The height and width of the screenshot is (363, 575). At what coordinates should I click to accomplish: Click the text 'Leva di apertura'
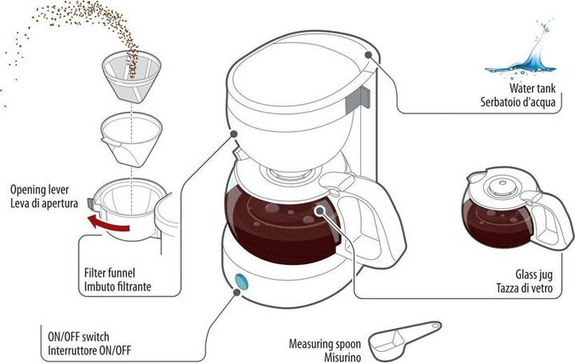[44, 203]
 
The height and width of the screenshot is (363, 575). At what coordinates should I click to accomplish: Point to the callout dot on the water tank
[369, 54]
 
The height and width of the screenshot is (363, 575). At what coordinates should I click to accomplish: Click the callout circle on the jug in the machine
[319, 211]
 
